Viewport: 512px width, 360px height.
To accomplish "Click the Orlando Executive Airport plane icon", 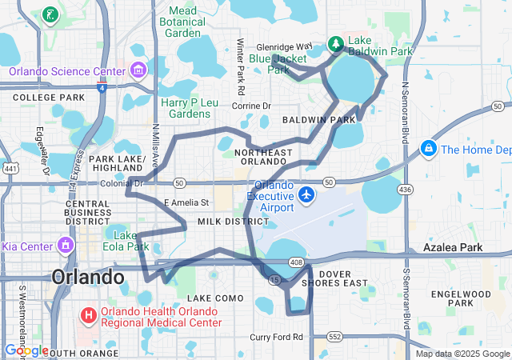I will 306,194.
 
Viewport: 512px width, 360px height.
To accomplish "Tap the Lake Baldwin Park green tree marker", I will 337,44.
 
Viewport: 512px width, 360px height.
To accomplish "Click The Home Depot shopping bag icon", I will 429,149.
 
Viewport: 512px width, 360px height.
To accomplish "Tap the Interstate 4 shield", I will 102,88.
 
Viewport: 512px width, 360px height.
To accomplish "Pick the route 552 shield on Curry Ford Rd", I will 334,337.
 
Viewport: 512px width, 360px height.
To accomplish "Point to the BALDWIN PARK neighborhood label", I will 318,120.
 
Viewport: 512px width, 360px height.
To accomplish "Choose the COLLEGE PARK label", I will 48,98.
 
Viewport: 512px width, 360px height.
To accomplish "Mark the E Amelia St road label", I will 186,203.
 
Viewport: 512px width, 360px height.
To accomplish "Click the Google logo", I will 26,350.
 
